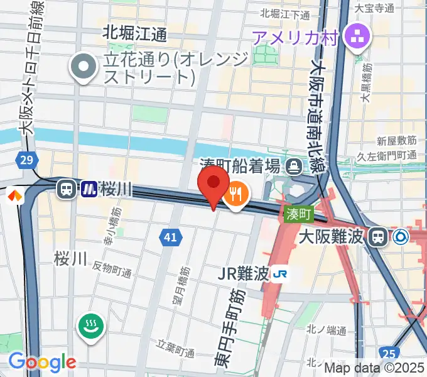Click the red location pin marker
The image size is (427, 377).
coord(213,182)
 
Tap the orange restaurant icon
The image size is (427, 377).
coord(235,195)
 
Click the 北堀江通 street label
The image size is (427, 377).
coord(134,33)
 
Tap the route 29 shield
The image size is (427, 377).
coord(26,161)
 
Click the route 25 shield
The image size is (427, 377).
coord(389,354)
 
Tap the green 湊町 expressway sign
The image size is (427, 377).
coord(299,214)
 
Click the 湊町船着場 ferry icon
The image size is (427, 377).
coord(293,167)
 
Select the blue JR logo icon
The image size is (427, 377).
coord(281,274)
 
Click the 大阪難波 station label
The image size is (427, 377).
coord(332,238)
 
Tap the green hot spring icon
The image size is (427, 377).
coord(91,327)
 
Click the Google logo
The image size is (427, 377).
coord(41,362)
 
